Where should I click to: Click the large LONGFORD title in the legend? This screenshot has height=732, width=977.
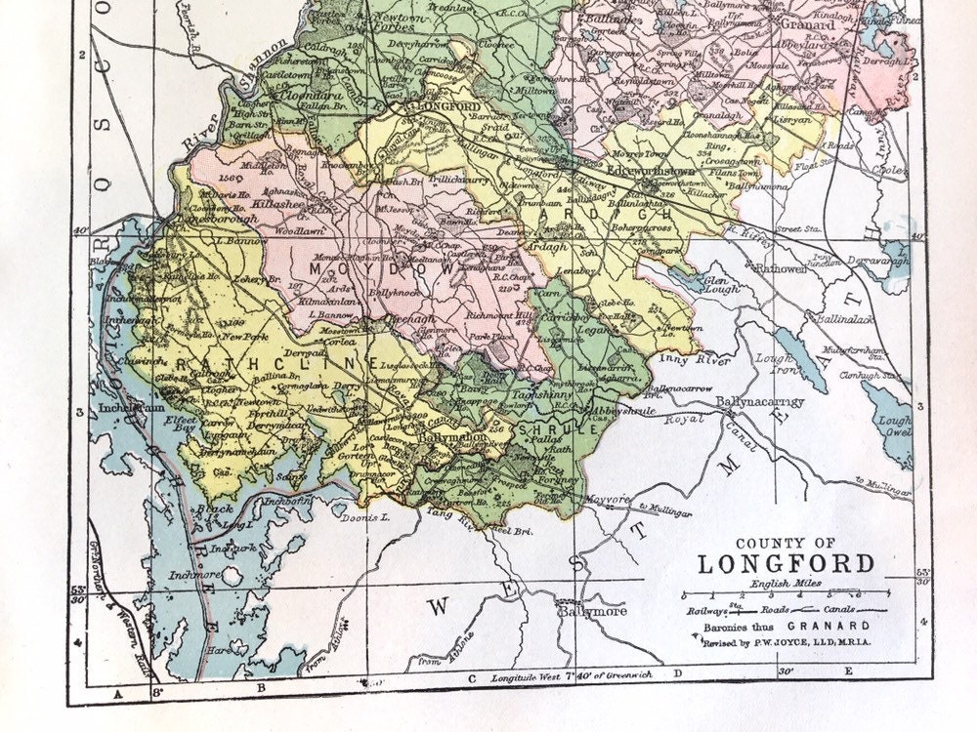click(x=786, y=564)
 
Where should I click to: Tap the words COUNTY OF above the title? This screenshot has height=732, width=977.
click(x=786, y=544)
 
